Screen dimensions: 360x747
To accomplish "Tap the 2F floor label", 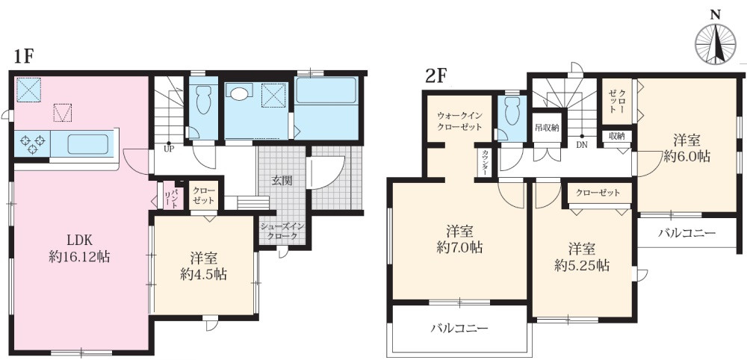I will coord(436,75).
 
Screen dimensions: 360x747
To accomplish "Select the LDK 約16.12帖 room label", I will coord(78,248).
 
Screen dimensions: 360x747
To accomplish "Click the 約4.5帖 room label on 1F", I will coord(202,266).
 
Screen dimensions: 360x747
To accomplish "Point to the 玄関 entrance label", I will coord(281,181).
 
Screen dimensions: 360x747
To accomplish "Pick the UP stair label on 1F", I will coord(170,149).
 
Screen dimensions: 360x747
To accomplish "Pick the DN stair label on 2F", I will coord(580,145).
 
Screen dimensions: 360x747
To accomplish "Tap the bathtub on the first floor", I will coord(326,92).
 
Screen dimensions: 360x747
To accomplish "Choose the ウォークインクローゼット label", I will coord(459,122).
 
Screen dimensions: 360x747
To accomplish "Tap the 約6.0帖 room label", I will coord(685,148).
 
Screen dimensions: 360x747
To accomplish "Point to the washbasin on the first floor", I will coord(240,94).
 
